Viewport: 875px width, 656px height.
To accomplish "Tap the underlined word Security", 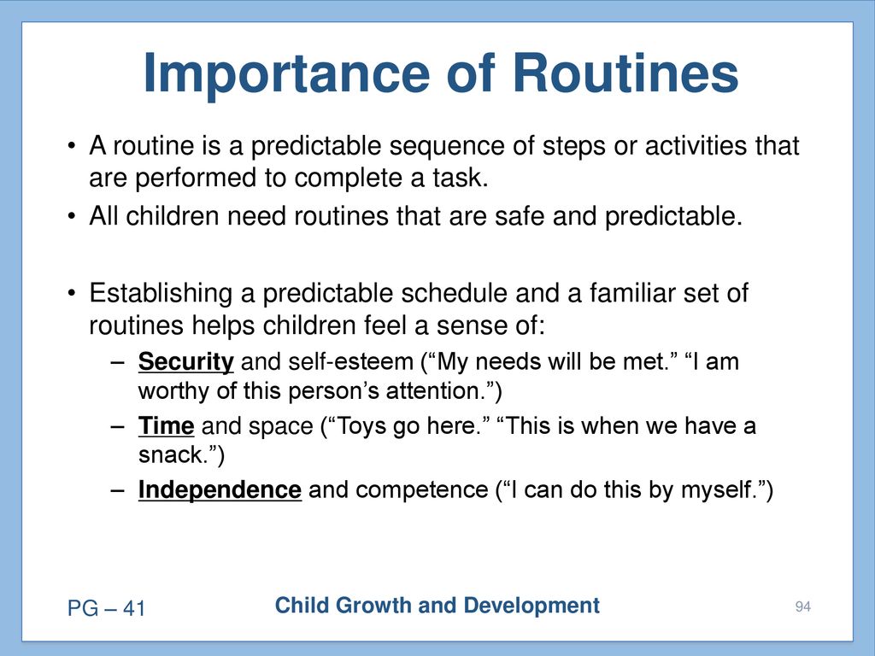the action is pos(185,362).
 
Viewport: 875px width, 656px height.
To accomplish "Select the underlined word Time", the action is pos(167,426).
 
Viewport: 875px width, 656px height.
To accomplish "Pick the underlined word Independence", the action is pos(220,490).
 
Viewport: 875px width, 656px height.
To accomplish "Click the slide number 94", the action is pos(803,606).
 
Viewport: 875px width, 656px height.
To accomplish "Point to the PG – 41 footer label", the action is pos(106,608).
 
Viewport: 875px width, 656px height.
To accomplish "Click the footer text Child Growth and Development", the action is pos(437,606).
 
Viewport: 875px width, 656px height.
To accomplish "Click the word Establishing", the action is pos(161,294).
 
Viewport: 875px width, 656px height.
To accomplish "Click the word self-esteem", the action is pos(350,362).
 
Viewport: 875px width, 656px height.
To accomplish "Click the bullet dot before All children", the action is pos(71,216).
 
